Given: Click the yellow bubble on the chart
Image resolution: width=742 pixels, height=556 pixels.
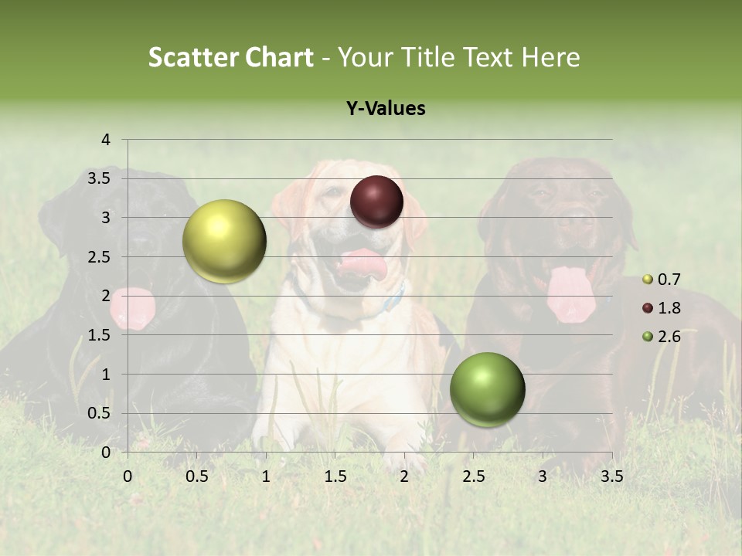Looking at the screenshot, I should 224,241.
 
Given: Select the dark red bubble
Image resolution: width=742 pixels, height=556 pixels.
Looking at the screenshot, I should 376,202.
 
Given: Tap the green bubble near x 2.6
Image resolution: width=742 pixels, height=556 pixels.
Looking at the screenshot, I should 487,389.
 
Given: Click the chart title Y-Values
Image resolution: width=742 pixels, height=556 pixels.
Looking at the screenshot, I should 386,108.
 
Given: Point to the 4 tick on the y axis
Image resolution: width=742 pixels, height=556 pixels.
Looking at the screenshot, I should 106,140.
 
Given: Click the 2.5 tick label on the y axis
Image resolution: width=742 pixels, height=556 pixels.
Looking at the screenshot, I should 100,257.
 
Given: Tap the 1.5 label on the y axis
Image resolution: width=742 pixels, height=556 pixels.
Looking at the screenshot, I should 100,335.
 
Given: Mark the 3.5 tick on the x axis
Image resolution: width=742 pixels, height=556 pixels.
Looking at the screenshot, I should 611,476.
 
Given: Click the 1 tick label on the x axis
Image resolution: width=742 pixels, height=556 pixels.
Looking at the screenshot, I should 266,476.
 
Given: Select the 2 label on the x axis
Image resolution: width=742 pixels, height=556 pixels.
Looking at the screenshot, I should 404,476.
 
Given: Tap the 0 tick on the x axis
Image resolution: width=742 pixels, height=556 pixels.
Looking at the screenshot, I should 128,476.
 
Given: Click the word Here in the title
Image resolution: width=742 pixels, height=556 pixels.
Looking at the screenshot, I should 550,57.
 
